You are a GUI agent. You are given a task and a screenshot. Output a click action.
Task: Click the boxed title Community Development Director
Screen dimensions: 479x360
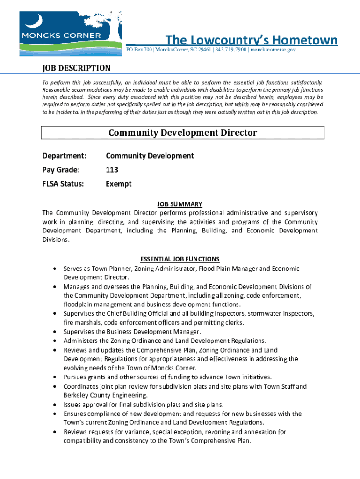click(x=182, y=132)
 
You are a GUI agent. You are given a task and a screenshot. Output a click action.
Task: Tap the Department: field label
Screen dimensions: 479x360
click(x=65, y=156)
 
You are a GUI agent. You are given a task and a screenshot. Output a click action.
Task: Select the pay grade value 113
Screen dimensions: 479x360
click(x=112, y=170)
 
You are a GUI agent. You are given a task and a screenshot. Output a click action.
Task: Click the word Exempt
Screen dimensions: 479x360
click(x=119, y=184)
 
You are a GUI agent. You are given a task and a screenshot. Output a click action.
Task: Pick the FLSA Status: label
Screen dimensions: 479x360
click(x=63, y=184)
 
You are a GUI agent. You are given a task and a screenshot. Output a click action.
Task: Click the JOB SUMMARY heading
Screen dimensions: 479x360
click(x=180, y=204)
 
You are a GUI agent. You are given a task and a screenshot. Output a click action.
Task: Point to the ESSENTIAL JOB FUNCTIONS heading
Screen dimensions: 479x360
click(x=180, y=259)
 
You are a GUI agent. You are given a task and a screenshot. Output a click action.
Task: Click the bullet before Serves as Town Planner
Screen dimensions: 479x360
click(x=56, y=269)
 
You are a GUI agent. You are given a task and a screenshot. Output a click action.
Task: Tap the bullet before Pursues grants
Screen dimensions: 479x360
click(x=56, y=377)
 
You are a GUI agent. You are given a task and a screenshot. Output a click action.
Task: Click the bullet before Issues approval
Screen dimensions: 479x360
click(x=56, y=405)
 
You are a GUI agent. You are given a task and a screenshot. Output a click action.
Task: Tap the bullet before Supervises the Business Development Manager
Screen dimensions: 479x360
click(x=56, y=332)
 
